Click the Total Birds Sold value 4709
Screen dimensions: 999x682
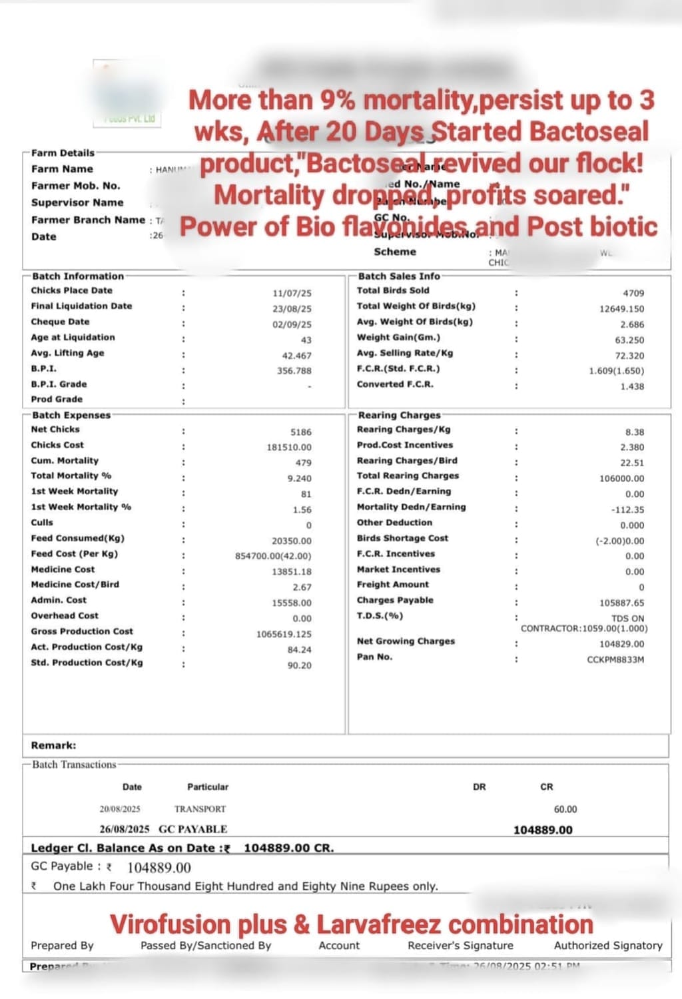[x=633, y=293]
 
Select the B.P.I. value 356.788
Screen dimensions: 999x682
[x=294, y=371]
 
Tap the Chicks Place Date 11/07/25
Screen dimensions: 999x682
[x=292, y=293]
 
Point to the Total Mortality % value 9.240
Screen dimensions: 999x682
[x=299, y=478]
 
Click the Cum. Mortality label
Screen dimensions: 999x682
[x=65, y=460]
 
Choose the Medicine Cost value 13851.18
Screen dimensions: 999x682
[x=291, y=571]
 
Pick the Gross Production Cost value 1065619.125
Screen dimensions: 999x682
[x=283, y=634]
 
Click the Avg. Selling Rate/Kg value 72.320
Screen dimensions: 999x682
[x=629, y=356]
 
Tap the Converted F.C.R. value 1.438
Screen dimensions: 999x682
[x=632, y=386]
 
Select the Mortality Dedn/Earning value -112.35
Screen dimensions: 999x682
[x=627, y=509]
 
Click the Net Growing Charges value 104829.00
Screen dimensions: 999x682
[x=621, y=644]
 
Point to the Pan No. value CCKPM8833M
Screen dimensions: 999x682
[x=615, y=659]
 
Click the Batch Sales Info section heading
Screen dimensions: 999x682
[x=399, y=276]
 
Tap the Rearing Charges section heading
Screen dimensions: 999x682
[x=399, y=415]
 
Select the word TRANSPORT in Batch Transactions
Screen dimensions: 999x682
[x=200, y=809]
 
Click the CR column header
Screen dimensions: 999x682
[x=546, y=787]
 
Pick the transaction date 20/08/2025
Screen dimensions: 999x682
[x=120, y=809]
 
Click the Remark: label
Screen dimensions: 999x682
[x=53, y=745]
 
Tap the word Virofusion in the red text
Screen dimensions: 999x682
[x=171, y=924]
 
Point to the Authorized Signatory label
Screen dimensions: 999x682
[x=608, y=945]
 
